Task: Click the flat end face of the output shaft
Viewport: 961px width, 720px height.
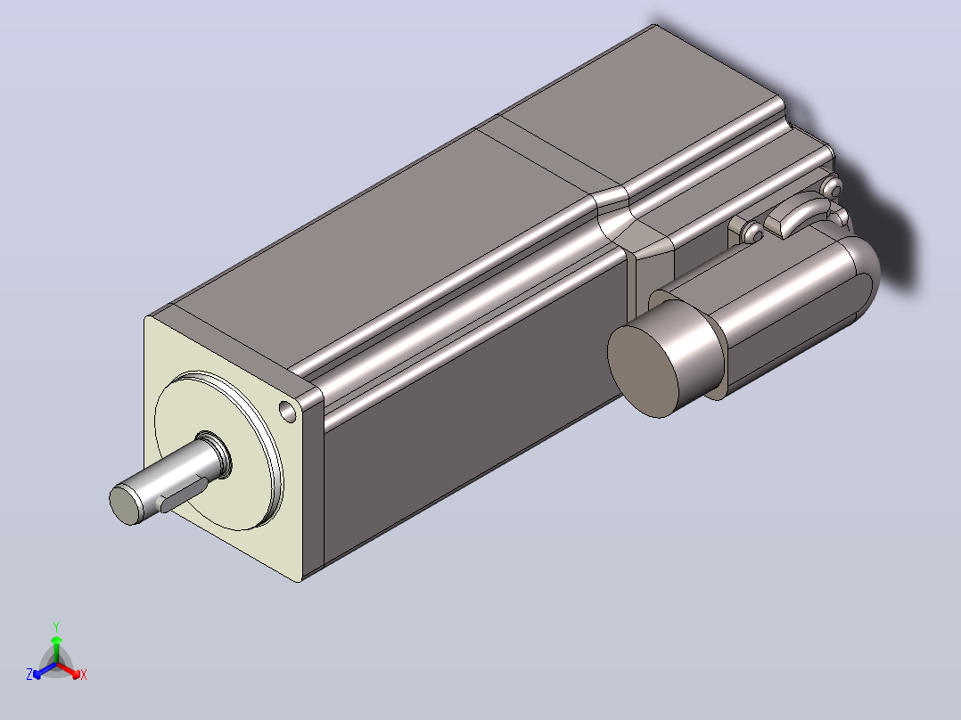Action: coord(127,504)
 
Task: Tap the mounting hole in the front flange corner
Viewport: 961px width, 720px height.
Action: coord(287,411)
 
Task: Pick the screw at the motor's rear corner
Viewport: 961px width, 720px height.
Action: coord(832,186)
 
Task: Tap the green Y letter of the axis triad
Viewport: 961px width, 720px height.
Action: coord(56,626)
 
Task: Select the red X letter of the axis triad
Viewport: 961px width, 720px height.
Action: coord(84,675)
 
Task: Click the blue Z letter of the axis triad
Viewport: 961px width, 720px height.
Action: coord(29,675)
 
